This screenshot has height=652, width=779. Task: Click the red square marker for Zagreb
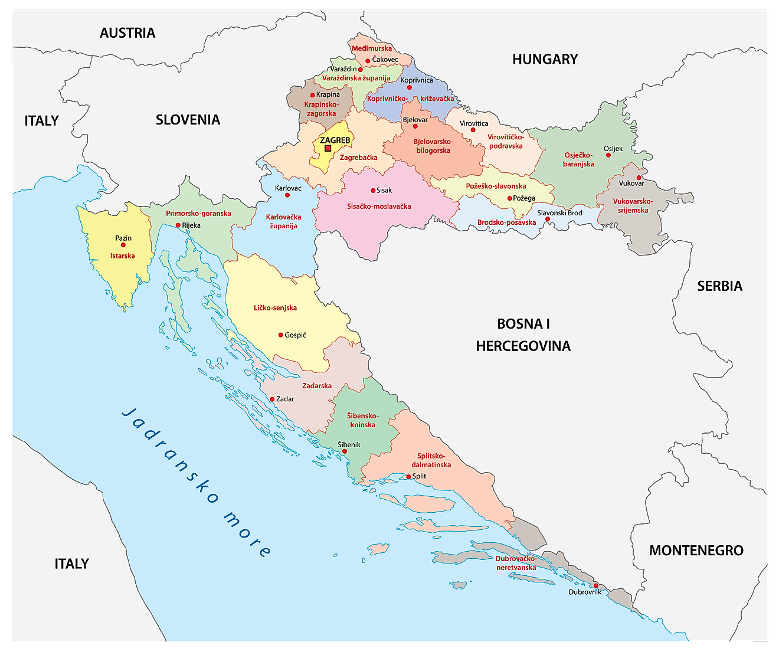pyautogui.click(x=328, y=148)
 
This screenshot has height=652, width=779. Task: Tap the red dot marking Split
pyautogui.click(x=408, y=476)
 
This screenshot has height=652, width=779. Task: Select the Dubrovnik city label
pyautogui.click(x=585, y=592)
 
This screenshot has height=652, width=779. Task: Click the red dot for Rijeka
pyautogui.click(x=178, y=225)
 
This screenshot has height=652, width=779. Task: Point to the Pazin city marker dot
pyautogui.click(x=123, y=245)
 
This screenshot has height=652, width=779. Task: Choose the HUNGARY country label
pyautogui.click(x=545, y=59)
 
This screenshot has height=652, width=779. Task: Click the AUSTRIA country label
pyautogui.click(x=127, y=33)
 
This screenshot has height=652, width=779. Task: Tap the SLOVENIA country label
pyautogui.click(x=188, y=120)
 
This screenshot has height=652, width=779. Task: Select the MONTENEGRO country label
pyautogui.click(x=696, y=551)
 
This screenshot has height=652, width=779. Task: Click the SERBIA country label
pyautogui.click(x=719, y=286)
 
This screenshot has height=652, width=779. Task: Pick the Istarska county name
pyautogui.click(x=123, y=256)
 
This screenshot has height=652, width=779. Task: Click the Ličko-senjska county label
pyautogui.click(x=275, y=308)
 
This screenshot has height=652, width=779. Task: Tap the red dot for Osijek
pyautogui.click(x=608, y=155)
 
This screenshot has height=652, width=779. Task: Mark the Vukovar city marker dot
pyautogui.click(x=639, y=177)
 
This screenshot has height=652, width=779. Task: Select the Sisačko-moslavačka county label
pyautogui.click(x=379, y=207)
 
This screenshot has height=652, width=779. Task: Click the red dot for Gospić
pyautogui.click(x=280, y=335)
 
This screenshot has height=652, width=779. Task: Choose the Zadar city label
pyautogui.click(x=285, y=399)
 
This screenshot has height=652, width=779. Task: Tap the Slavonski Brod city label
pyautogui.click(x=559, y=213)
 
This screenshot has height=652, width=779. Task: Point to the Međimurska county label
pyautogui.click(x=372, y=48)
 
